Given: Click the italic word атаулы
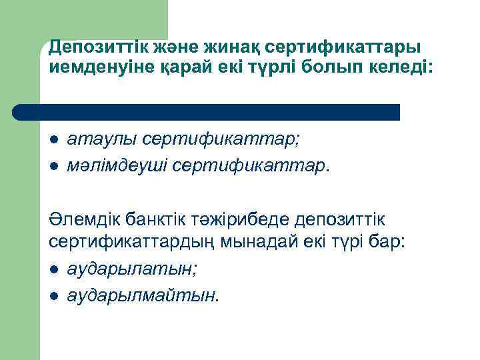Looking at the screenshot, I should point(96,140).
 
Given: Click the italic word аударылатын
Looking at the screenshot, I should point(124,268).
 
